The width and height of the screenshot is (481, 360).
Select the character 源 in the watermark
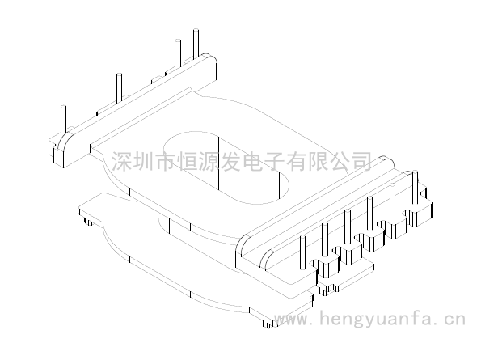(209, 160)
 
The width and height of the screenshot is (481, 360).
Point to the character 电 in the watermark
(252, 160)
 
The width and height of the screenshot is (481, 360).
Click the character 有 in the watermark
(296, 160)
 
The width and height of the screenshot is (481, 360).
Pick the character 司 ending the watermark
(361, 160)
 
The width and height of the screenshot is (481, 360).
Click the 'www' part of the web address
(291, 320)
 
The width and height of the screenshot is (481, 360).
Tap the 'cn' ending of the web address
(455, 320)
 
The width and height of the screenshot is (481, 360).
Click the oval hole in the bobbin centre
(226, 167)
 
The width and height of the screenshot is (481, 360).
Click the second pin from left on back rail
(119, 87)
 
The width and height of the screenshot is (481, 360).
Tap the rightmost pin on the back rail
(196, 44)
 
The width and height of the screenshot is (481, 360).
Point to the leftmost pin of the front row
(302, 252)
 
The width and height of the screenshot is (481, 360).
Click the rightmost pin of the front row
(415, 187)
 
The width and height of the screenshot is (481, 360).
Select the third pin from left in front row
(348, 227)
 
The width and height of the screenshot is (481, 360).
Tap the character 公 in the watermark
(340, 160)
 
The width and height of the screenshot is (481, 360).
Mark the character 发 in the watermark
(230, 160)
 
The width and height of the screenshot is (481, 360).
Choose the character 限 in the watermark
(318, 160)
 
